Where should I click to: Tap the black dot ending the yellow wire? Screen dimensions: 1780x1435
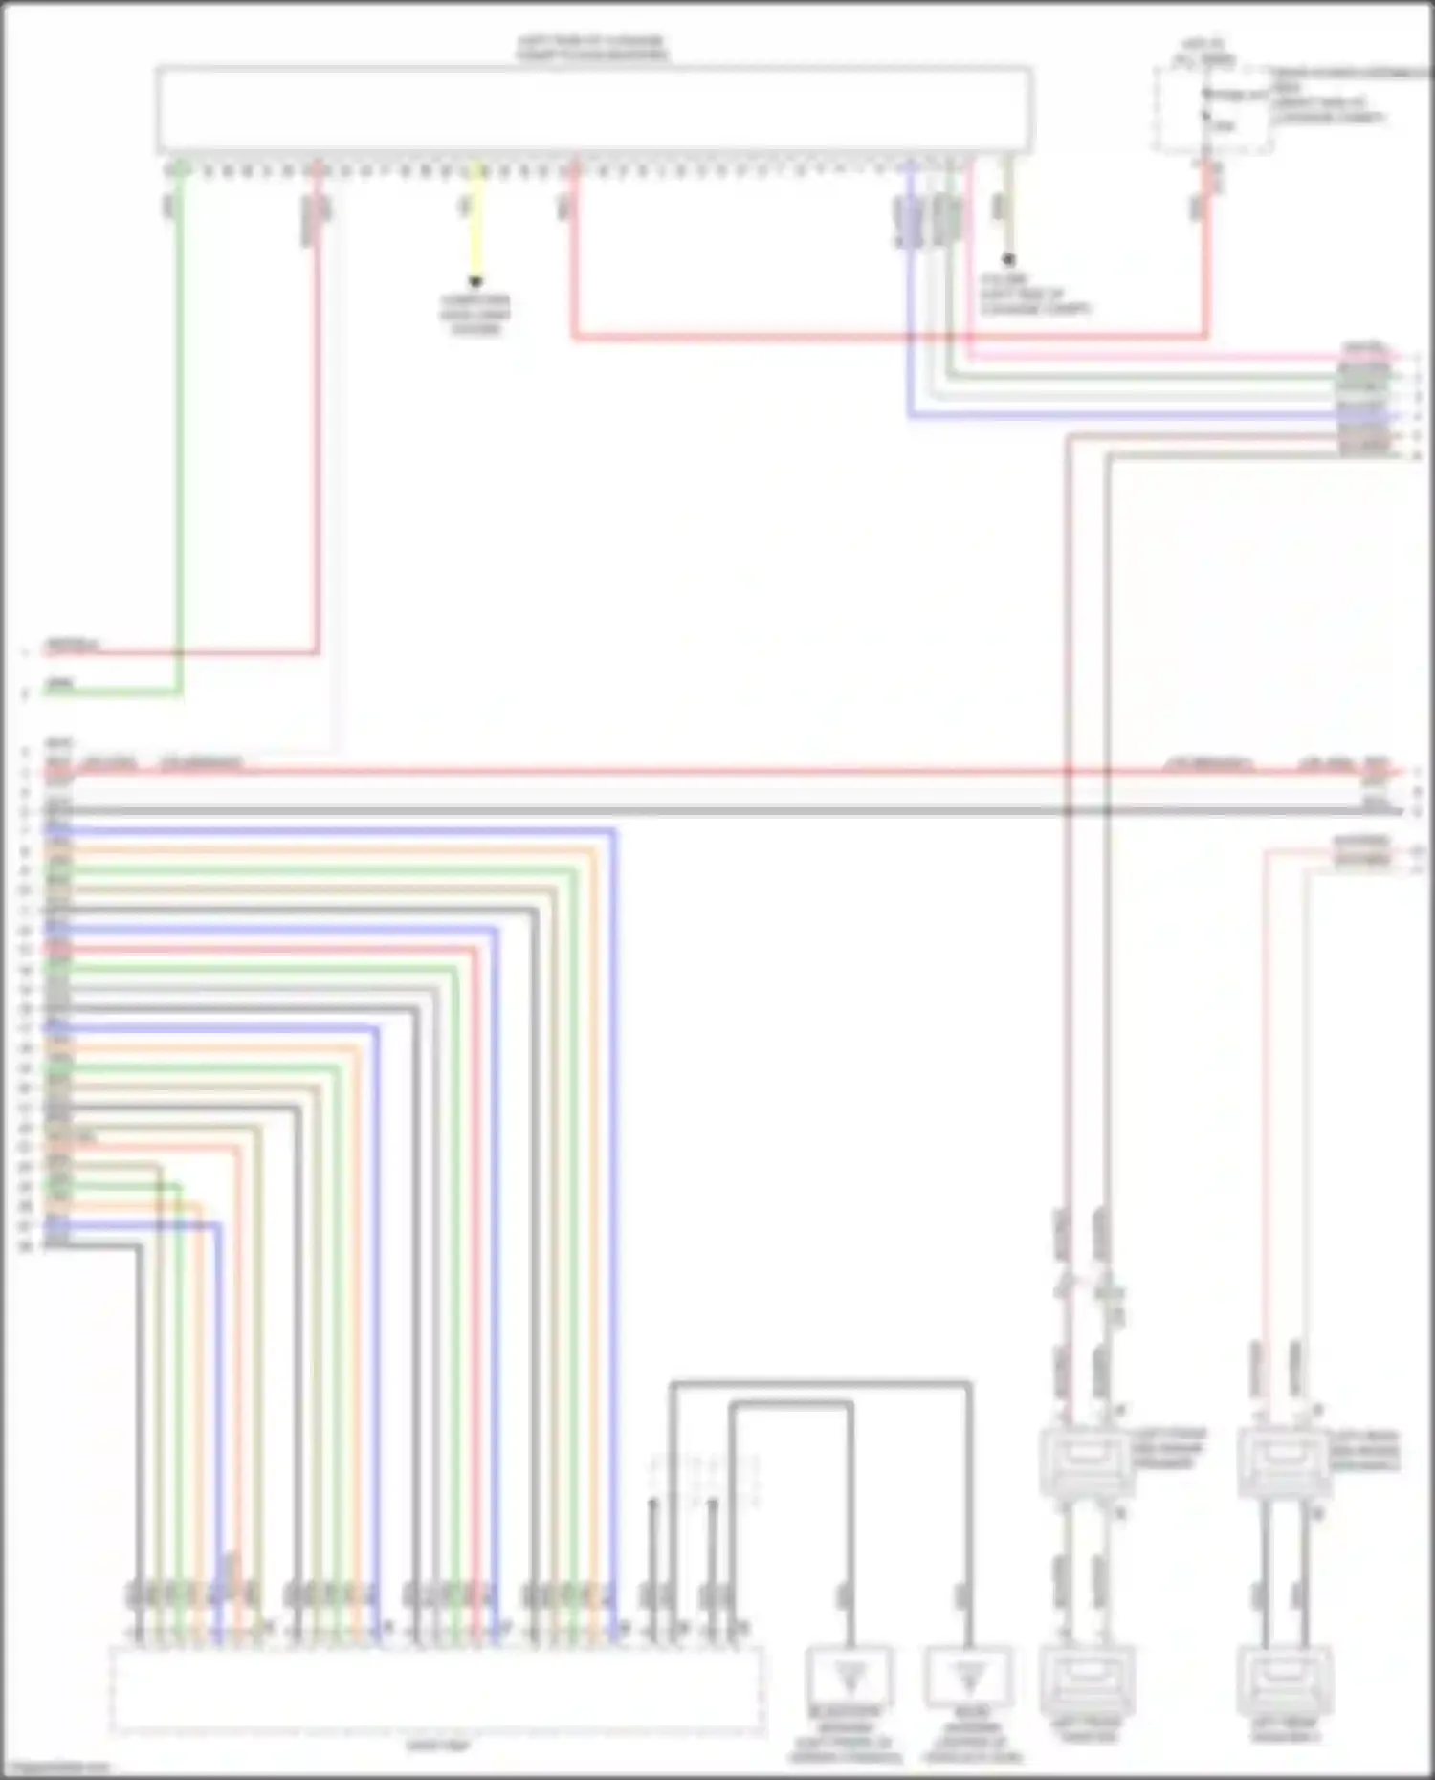(475, 282)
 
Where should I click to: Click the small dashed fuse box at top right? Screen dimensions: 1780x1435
(1213, 111)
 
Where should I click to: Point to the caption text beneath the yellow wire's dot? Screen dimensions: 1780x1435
(475, 315)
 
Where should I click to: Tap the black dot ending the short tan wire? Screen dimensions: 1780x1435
(1008, 259)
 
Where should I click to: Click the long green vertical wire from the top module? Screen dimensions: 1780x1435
(179, 430)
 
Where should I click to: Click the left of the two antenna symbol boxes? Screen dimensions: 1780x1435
(850, 1676)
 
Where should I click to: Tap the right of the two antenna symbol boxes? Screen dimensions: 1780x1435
(968, 1676)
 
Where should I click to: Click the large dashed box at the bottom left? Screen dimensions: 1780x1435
(436, 1688)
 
